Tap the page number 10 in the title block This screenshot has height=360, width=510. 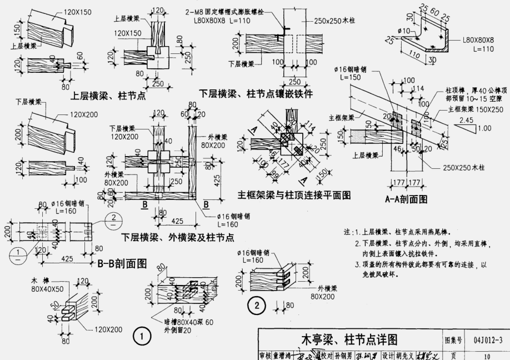(488, 354)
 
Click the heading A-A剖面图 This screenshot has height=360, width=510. (406, 198)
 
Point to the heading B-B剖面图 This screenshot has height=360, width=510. (121, 262)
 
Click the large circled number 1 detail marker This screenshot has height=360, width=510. (142, 337)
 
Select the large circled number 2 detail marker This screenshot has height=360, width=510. (257, 304)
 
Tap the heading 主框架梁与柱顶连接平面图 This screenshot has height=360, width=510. (294, 195)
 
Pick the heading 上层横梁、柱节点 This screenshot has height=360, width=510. (108, 95)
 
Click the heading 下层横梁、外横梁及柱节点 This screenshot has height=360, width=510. (177, 237)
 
